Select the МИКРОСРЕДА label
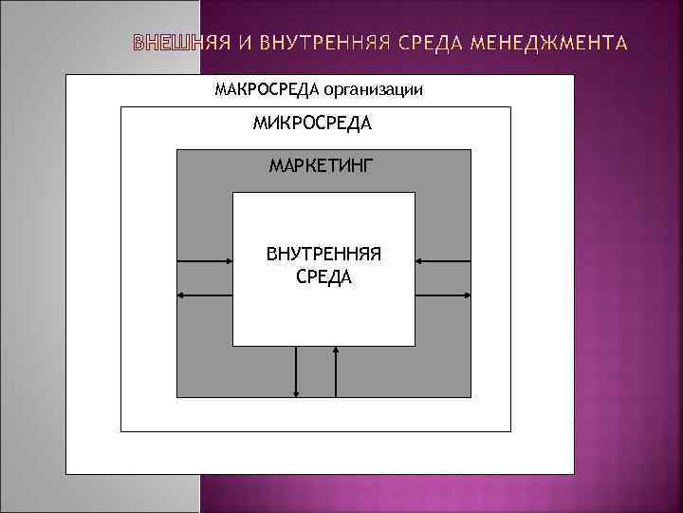pos(312,123)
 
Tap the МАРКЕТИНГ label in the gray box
pos(322,166)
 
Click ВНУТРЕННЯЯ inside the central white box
pos(323,255)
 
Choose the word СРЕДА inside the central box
pos(323,276)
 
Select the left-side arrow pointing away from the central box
pos(205,295)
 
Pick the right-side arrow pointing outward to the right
pos(443,295)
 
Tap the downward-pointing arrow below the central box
pos(298,370)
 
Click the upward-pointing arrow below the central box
pos(336,370)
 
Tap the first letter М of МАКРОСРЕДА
pos(221,89)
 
